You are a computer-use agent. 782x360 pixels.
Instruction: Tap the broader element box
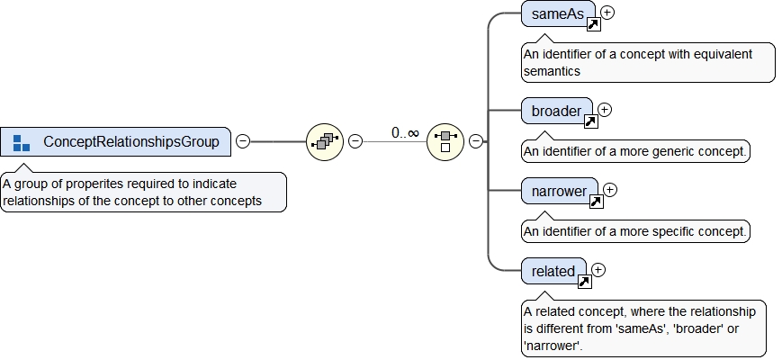556,111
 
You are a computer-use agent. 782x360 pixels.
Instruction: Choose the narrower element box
558,191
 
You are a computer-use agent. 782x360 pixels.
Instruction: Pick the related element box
553,271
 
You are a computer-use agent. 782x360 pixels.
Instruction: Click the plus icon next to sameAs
608,13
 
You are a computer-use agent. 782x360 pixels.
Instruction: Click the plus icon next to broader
605,110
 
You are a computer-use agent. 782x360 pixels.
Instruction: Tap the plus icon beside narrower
610,190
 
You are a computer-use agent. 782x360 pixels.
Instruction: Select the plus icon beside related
598,269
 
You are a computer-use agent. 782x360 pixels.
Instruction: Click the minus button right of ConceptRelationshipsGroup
243,141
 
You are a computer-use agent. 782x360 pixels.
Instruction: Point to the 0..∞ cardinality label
405,133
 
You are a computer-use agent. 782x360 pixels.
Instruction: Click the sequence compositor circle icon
325,141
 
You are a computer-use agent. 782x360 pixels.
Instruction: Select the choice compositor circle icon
445,141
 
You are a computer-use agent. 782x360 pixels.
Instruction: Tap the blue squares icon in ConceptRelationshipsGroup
22,141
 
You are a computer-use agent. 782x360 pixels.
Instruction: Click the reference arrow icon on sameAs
593,24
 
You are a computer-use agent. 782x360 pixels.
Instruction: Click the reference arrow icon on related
583,282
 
